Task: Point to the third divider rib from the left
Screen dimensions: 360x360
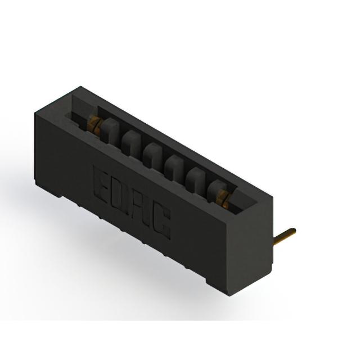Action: pos(150,154)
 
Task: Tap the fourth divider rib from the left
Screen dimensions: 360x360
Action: pos(172,166)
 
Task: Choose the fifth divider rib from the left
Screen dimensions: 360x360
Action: pos(194,179)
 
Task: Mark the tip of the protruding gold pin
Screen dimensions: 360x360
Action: pos(293,230)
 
